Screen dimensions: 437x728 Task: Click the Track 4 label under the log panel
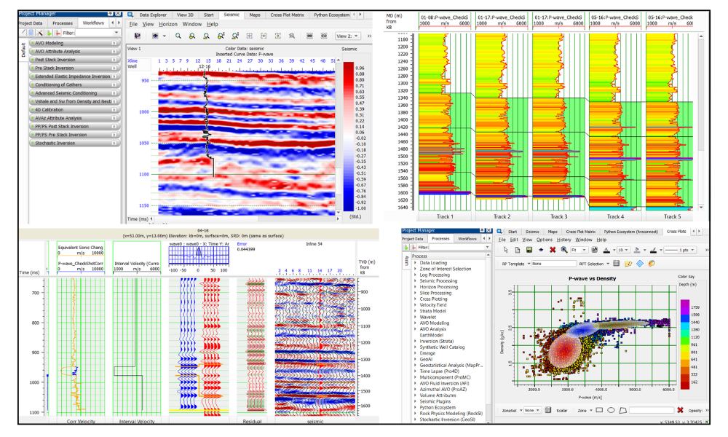[x=615, y=216]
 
